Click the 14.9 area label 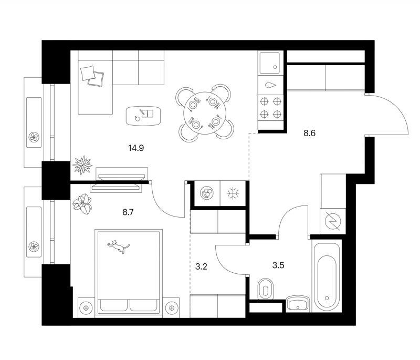(136, 148)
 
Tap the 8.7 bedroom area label (128, 212)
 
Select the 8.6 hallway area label (309, 133)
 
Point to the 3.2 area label (201, 267)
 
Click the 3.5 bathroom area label (278, 265)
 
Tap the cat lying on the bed (119, 246)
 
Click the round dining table (205, 114)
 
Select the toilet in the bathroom (266, 289)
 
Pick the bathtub (327, 276)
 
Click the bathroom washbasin (298, 304)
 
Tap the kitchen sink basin (269, 63)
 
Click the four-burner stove (270, 108)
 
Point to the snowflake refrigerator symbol (233, 193)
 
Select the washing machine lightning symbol (332, 221)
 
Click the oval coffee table (143, 116)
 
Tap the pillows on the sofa (92, 76)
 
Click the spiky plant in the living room (82, 165)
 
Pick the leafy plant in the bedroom (82, 204)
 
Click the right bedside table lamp (172, 307)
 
